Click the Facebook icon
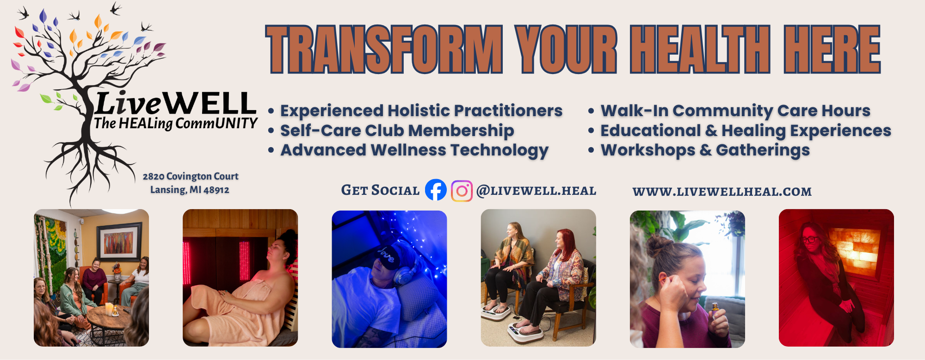[436, 190]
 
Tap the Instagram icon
[462, 191]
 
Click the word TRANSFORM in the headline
[384, 50]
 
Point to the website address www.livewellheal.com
[722, 192]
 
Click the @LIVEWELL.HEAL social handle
[536, 191]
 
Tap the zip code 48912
[216, 190]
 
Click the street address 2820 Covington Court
[191, 176]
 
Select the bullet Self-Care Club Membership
[397, 130]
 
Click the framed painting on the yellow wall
[119, 242]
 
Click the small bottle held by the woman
[715, 311]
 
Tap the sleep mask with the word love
[388, 255]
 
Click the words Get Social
[380, 190]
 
